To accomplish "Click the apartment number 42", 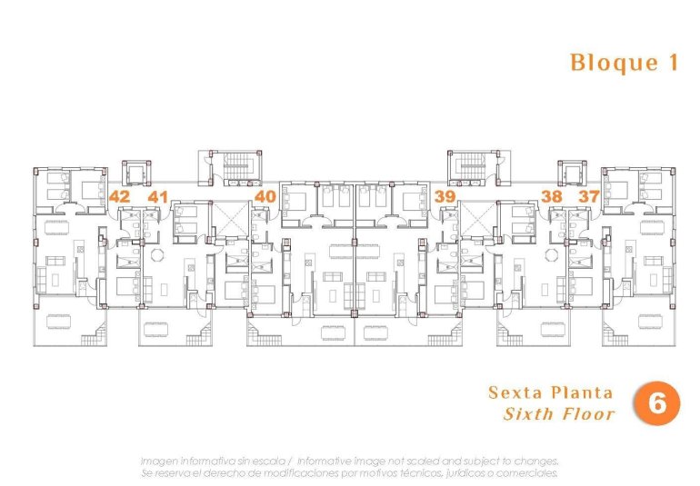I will point(119,195).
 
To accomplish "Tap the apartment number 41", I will point(158,195).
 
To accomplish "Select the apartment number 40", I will point(265,195).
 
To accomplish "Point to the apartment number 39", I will point(445,195).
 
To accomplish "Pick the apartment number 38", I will point(551,195).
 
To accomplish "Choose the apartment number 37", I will point(589,195).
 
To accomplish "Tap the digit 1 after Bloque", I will point(673,63).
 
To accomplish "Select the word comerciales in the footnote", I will point(526,472).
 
